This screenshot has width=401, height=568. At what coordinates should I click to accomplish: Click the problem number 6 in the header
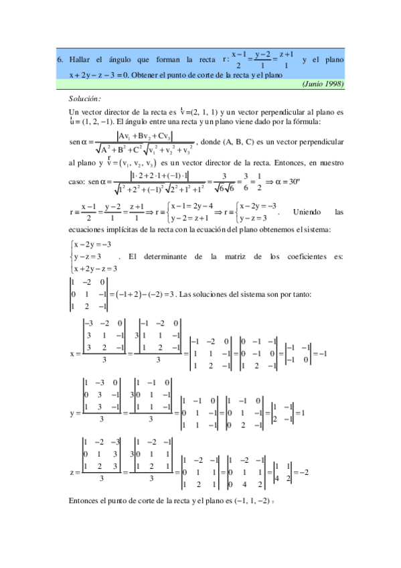(60, 60)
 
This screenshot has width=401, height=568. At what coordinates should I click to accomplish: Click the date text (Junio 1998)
(323, 84)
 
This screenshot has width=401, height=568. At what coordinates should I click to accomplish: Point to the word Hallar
(80, 60)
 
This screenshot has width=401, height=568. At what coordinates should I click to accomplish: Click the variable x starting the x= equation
(72, 352)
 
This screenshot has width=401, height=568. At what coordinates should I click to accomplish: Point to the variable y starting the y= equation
(72, 413)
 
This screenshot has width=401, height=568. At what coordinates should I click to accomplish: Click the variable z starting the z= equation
(72, 473)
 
